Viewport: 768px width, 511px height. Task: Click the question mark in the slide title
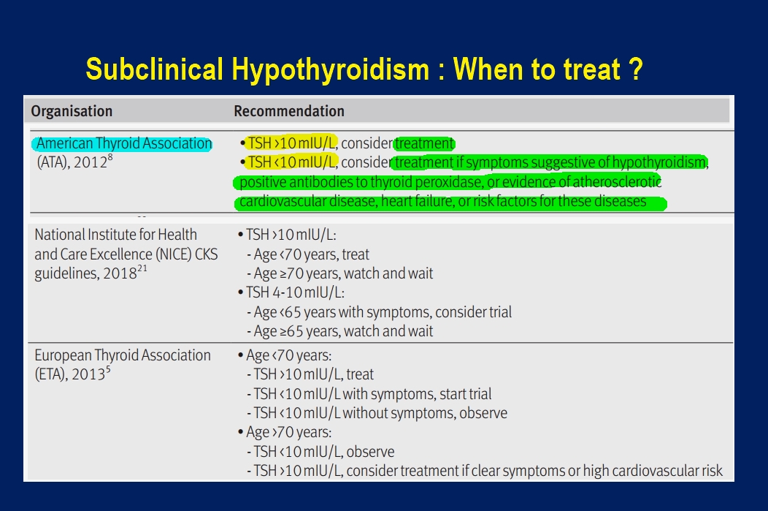(636, 69)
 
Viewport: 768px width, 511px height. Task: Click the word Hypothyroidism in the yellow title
(330, 69)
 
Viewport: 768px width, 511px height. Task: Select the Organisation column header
(72, 111)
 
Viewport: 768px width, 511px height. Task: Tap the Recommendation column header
(289, 111)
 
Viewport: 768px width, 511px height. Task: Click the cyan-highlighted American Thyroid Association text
(124, 143)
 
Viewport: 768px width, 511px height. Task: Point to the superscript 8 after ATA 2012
(110, 157)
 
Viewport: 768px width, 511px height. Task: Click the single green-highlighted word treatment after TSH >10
(425, 143)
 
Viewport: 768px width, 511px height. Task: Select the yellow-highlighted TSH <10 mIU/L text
(293, 162)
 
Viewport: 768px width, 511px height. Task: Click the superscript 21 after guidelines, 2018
(142, 268)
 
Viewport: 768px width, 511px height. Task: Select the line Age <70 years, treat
(312, 254)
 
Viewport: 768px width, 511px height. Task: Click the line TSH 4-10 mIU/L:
(295, 292)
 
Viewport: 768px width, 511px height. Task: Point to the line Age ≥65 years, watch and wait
(343, 331)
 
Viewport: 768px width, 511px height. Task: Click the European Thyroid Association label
(123, 355)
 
